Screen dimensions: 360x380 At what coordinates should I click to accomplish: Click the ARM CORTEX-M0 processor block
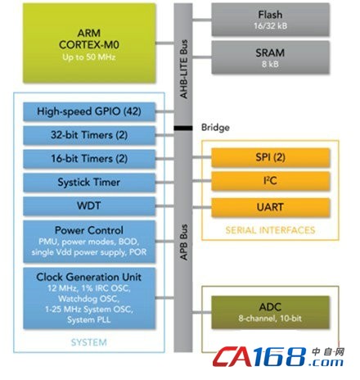pyautogui.click(x=89, y=43)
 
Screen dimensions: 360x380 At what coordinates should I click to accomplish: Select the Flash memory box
pyautogui.click(x=270, y=20)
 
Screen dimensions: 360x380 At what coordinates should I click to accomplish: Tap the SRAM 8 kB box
pyautogui.click(x=270, y=57)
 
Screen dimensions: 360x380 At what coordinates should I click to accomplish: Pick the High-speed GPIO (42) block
pyautogui.click(x=89, y=111)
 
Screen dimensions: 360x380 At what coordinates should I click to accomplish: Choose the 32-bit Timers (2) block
pyautogui.click(x=89, y=135)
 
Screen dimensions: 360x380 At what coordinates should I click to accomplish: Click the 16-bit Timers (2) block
pyautogui.click(x=89, y=159)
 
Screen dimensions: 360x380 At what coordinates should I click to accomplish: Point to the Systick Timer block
pyautogui.click(x=89, y=183)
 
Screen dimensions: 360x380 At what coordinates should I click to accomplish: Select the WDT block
pyautogui.click(x=89, y=206)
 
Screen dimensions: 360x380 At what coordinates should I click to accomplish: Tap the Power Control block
pyautogui.click(x=89, y=242)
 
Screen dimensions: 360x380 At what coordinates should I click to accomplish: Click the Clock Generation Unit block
pyautogui.click(x=89, y=298)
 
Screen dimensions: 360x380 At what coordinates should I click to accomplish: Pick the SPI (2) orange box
pyautogui.click(x=270, y=157)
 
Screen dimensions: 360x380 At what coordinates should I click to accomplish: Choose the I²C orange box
pyautogui.click(x=270, y=181)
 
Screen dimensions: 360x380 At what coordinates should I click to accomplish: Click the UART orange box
pyautogui.click(x=270, y=207)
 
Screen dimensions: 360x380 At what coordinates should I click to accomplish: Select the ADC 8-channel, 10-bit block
pyautogui.click(x=270, y=312)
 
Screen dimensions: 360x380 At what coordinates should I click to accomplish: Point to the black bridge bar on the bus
pyautogui.click(x=183, y=128)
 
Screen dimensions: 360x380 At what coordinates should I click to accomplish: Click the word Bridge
pyautogui.click(x=215, y=128)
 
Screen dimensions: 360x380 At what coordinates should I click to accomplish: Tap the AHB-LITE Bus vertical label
pyautogui.click(x=184, y=69)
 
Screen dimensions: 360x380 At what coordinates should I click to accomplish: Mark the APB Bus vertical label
pyautogui.click(x=184, y=242)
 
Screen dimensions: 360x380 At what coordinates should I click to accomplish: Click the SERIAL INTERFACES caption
pyautogui.click(x=270, y=230)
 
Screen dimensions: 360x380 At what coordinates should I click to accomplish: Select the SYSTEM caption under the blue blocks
pyautogui.click(x=89, y=342)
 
